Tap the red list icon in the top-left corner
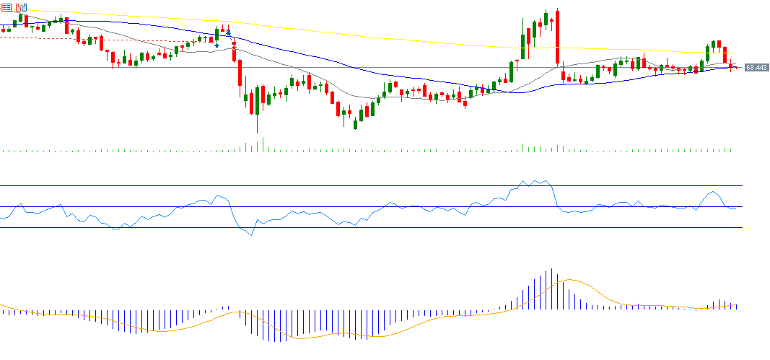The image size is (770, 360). (x=6, y=7)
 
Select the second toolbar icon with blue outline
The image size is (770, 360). (x=21, y=7)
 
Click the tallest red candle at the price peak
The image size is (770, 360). (x=558, y=36)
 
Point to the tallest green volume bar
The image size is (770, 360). (x=263, y=144)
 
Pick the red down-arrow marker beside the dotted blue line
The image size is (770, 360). (x=228, y=33)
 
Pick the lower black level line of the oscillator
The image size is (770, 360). (x=361, y=228)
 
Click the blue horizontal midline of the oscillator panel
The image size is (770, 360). (x=361, y=207)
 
